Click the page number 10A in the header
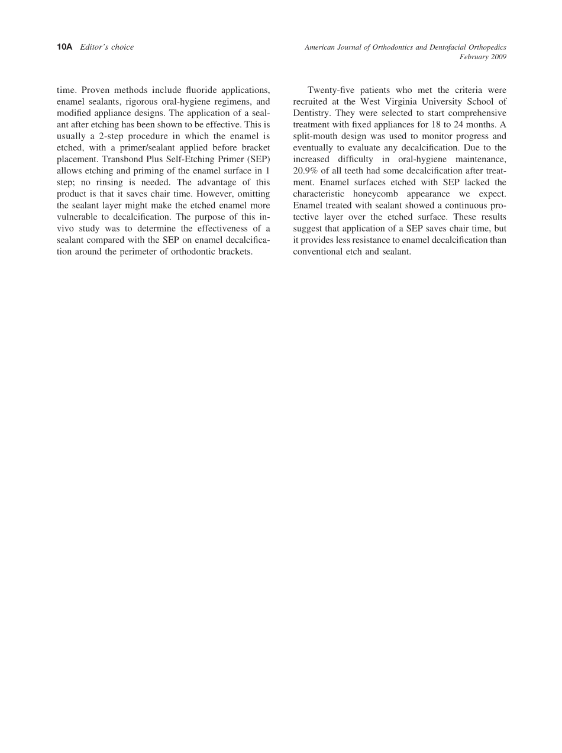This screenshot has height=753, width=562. pos(64,47)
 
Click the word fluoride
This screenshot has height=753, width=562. pos(188,91)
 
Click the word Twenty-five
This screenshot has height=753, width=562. pos(330,91)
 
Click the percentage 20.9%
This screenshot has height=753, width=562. pos(306,171)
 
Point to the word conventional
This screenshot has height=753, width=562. pos(320,252)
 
